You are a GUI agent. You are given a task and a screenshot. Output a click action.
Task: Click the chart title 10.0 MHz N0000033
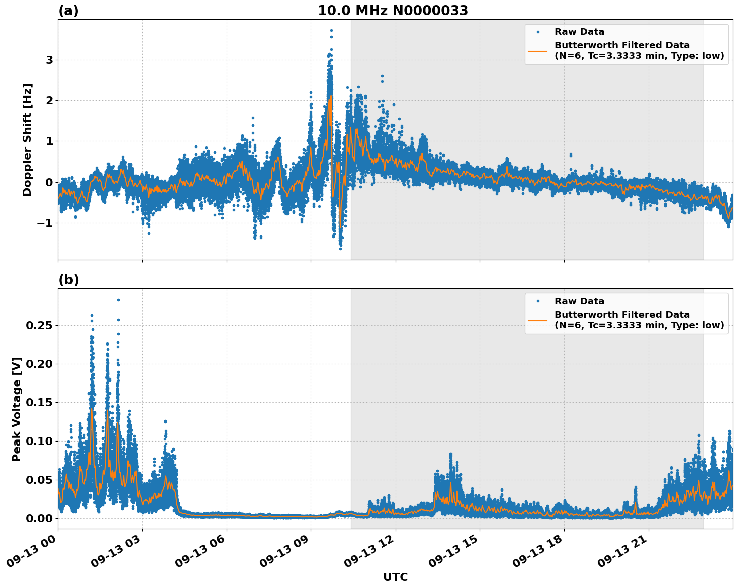coord(393,11)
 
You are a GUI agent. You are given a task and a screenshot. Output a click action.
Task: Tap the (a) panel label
coord(68,11)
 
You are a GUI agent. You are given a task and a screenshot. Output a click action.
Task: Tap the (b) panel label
coord(68,280)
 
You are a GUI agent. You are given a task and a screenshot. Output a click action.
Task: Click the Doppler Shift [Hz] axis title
coord(27,139)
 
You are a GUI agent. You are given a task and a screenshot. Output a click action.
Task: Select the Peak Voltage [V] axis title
coord(17,409)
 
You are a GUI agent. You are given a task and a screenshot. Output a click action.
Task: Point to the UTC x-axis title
coord(395,577)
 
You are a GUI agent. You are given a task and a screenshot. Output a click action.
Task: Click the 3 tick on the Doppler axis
coord(49,60)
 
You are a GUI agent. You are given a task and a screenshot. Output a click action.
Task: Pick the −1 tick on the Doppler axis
coord(45,223)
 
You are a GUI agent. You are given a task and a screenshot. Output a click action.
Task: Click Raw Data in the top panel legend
coord(579,32)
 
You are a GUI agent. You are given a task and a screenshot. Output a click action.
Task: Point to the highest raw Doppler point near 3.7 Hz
coord(331,30)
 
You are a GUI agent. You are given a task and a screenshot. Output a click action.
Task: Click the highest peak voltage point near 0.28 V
coord(118,300)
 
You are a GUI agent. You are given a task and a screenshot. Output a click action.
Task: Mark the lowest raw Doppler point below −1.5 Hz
coord(340,248)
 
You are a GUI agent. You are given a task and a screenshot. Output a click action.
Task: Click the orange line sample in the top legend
coord(538,50)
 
